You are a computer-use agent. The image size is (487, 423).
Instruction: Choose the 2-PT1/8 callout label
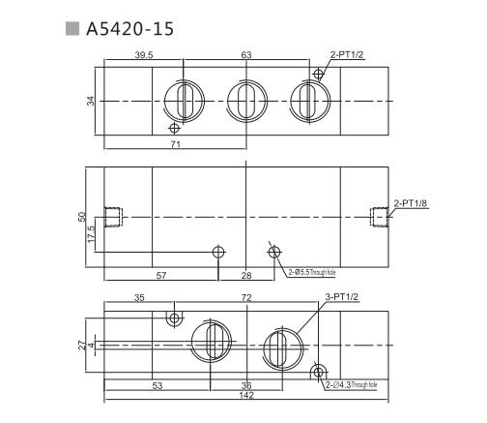coord(412,202)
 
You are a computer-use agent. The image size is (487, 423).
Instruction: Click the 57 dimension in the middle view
coord(160,276)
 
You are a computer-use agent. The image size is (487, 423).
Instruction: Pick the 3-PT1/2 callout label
coord(342,298)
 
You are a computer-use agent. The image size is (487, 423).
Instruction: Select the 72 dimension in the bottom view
coord(246,298)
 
